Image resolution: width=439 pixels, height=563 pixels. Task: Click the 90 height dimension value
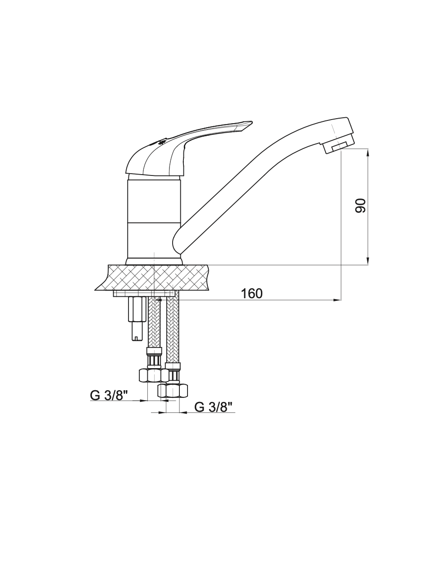(360, 206)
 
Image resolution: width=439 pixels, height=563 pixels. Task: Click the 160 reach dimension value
(252, 294)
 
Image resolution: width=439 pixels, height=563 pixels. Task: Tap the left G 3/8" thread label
(109, 395)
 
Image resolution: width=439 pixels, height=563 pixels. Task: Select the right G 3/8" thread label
(214, 407)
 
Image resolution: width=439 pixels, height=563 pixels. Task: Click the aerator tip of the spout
(339, 146)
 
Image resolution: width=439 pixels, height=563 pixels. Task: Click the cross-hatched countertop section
(153, 277)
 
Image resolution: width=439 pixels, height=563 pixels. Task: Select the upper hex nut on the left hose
(151, 375)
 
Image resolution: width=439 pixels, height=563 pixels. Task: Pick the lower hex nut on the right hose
(173, 391)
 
